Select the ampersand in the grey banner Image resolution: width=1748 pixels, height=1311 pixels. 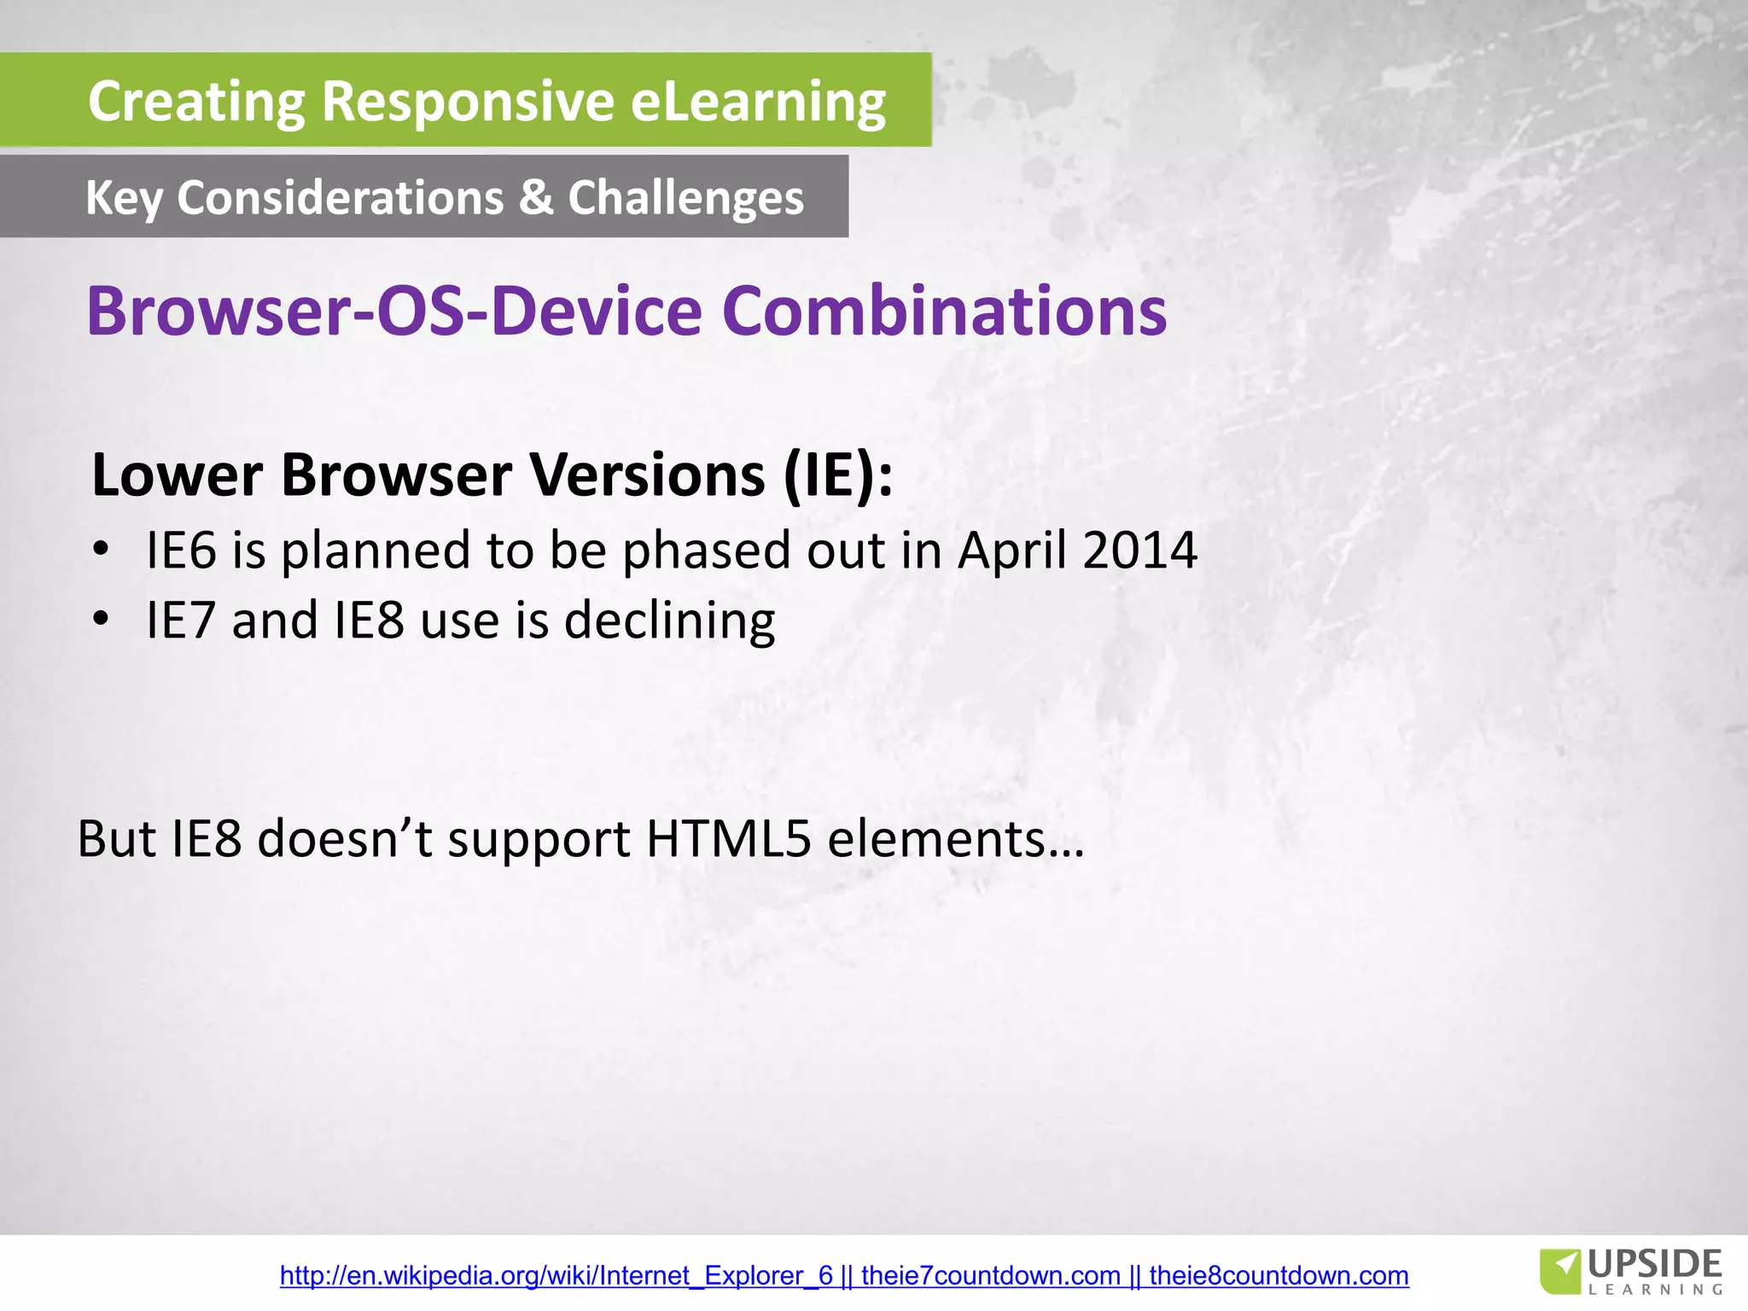click(535, 197)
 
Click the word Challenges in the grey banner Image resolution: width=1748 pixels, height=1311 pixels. click(685, 199)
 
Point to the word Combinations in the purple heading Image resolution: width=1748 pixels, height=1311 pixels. click(944, 311)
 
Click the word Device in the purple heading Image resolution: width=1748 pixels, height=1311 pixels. click(597, 311)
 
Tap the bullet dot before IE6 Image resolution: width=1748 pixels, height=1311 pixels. click(102, 549)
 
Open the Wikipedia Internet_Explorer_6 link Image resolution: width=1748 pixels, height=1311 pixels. click(556, 1275)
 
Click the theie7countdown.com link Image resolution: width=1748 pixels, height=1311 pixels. click(990, 1275)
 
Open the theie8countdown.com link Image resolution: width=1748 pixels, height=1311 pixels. click(1279, 1275)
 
